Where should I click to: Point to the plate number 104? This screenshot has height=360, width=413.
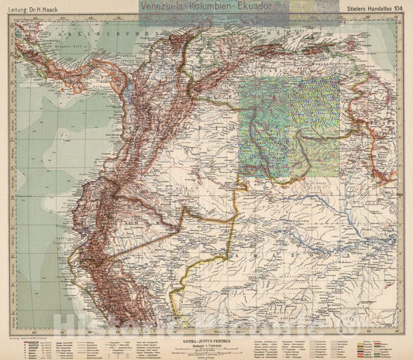(x=395, y=9)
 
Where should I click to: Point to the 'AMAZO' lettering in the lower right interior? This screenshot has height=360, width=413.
(x=310, y=232)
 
